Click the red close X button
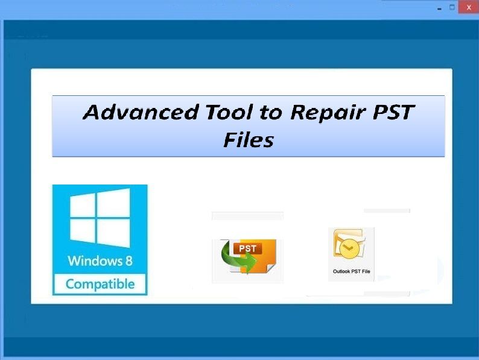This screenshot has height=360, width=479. tap(469, 8)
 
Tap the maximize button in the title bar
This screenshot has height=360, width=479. tap(452, 7)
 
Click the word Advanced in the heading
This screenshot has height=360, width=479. tap(141, 112)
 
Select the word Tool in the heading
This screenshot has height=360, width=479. tap(229, 112)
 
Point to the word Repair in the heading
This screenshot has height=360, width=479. tap(328, 113)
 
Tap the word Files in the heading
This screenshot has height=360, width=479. tap(249, 140)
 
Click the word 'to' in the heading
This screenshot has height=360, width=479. tap(270, 112)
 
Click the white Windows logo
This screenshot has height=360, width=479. tap(100, 218)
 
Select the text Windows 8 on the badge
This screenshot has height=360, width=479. tap(100, 261)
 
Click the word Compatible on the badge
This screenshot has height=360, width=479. tap(100, 284)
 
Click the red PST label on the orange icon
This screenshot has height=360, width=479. tap(247, 248)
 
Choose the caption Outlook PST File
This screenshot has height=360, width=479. tap(351, 271)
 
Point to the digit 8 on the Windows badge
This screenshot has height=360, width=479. tap(129, 261)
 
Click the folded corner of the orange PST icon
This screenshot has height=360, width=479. tap(271, 268)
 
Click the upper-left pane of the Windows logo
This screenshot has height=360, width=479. tap(83, 206)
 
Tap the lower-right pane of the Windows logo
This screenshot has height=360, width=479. tap(113, 233)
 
